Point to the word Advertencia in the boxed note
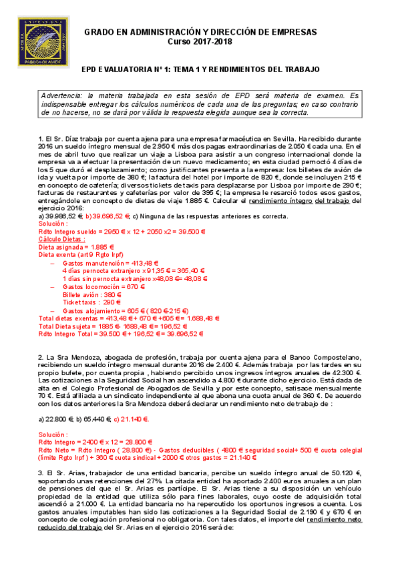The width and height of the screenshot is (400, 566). tap(65, 95)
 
